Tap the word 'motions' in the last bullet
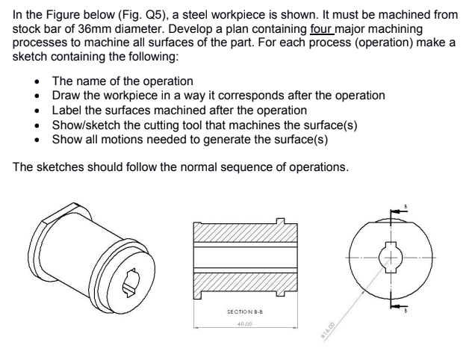(x=127, y=139)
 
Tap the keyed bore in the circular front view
(x=389, y=257)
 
